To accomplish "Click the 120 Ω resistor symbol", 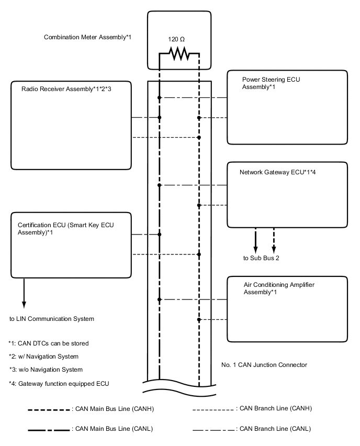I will tap(179, 53).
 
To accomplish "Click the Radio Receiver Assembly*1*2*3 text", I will tap(66, 90).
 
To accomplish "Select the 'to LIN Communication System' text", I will tap(52, 318).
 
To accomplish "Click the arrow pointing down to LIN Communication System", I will tap(24, 294).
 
